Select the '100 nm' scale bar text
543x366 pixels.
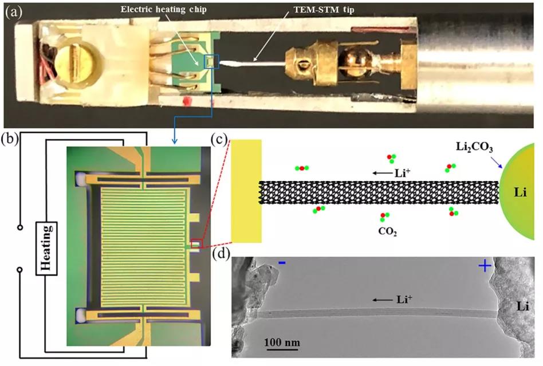(x=282, y=343)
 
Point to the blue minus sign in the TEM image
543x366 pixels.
(x=282, y=263)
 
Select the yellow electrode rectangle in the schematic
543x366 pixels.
(x=246, y=190)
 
